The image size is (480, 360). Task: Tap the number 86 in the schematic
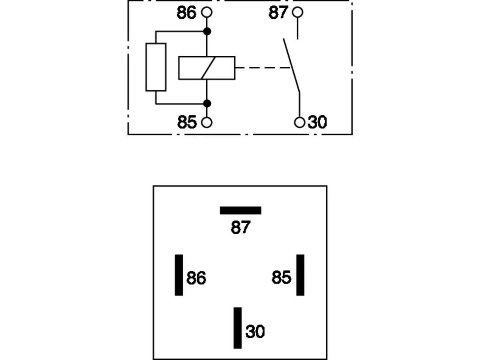(x=186, y=13)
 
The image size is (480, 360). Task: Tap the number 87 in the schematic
(x=278, y=12)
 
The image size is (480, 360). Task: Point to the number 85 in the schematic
(x=187, y=122)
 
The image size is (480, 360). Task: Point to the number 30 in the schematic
(x=317, y=122)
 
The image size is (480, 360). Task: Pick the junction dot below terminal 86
(x=207, y=31)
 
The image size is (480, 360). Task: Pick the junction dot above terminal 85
(x=207, y=103)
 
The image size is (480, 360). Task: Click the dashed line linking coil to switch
(x=263, y=68)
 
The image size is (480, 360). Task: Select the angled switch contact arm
(x=291, y=65)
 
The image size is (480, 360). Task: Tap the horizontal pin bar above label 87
(x=240, y=210)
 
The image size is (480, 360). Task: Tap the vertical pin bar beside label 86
(x=179, y=275)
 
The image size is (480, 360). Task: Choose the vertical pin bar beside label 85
(x=300, y=275)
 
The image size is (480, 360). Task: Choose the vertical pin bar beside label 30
(x=238, y=328)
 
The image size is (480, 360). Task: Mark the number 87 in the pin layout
(x=240, y=227)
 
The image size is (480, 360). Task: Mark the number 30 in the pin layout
(x=255, y=331)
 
